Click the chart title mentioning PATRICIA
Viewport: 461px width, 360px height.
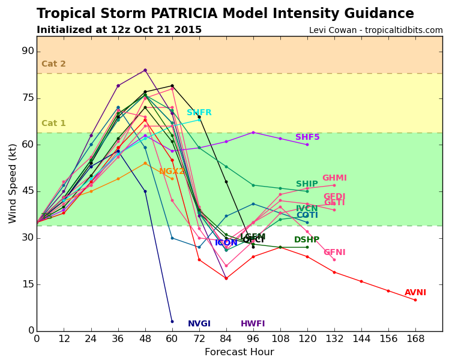click(x=225, y=14)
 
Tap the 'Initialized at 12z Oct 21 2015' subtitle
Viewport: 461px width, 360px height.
click(x=119, y=30)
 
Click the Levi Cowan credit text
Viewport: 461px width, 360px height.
click(x=376, y=31)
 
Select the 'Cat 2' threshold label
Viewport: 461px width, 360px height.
click(x=53, y=64)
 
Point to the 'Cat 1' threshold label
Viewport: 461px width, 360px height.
click(x=53, y=124)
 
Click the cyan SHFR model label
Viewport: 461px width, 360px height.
click(x=199, y=113)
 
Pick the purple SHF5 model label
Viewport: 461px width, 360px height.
click(x=307, y=137)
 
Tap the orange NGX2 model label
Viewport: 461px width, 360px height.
click(x=172, y=172)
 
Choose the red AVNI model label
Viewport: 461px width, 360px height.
click(x=415, y=293)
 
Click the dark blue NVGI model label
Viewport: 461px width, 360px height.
click(x=199, y=324)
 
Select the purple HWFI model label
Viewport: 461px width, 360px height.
click(x=253, y=324)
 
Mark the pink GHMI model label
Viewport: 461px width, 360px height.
click(x=334, y=178)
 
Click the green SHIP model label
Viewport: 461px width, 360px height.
click(x=307, y=184)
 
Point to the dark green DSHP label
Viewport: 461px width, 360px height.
click(x=307, y=240)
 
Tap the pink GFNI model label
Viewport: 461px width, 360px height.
click(x=334, y=253)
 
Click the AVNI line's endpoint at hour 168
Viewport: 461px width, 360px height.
click(x=415, y=300)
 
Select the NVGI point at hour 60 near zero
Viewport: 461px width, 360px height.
click(x=172, y=322)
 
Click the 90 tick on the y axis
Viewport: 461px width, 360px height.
click(x=28, y=52)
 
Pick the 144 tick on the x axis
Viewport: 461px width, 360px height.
click(x=361, y=339)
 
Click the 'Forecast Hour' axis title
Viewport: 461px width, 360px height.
click(x=239, y=352)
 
